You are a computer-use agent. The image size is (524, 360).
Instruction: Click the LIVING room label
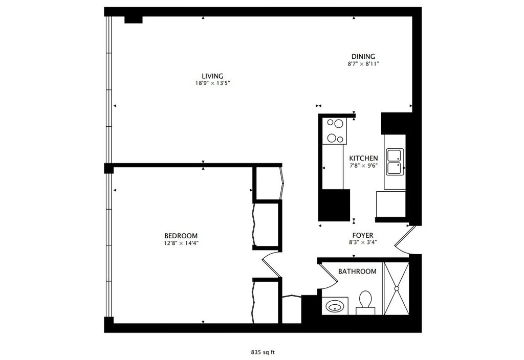212,76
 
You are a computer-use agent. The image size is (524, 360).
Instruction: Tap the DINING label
363,56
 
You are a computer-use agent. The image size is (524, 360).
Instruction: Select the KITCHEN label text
364,159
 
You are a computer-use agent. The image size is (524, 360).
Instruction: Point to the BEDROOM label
181,235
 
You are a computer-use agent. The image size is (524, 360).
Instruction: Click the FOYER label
363,235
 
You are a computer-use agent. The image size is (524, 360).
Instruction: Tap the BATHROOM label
357,272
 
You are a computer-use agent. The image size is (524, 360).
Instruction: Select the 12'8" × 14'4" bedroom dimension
181,243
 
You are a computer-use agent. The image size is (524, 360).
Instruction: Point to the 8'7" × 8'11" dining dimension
363,64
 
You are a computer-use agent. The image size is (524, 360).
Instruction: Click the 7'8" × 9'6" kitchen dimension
364,166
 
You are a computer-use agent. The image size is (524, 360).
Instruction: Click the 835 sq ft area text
263,352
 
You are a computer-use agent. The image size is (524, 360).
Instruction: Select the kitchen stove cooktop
335,131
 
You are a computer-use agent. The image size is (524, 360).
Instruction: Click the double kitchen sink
395,162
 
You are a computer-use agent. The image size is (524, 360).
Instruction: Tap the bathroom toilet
365,303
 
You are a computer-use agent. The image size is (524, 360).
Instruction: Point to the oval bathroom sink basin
335,306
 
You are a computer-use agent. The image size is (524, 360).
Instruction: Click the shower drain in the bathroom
397,288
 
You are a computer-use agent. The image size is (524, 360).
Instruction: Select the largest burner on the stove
339,124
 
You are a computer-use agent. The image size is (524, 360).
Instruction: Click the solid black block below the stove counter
334,205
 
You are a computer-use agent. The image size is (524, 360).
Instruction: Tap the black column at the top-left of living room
134,20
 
